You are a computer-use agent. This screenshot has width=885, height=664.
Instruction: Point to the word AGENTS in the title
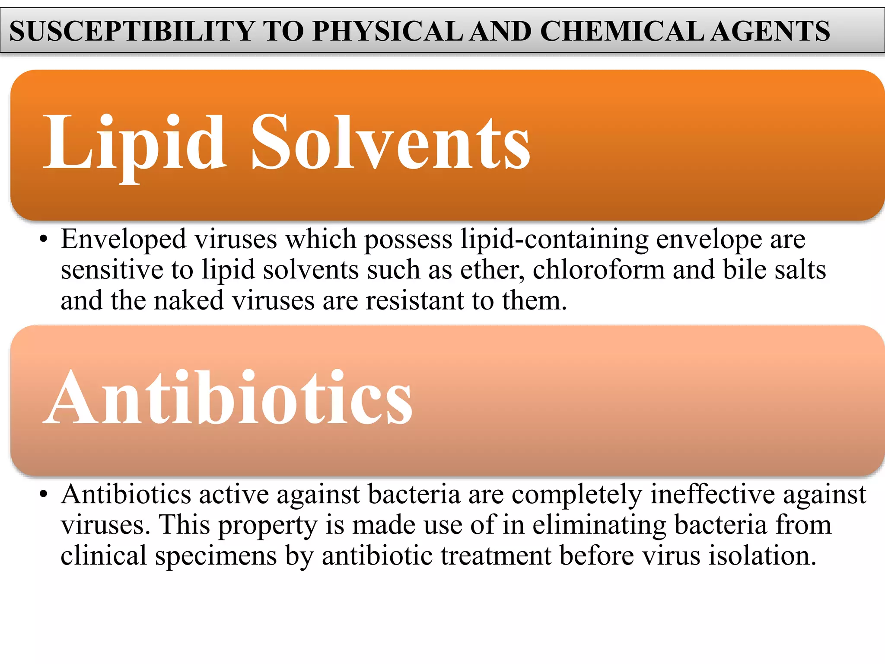pos(770,31)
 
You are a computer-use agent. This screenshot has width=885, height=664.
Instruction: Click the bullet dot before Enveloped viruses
pos(42,240)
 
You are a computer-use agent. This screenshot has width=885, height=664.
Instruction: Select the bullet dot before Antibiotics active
pos(42,495)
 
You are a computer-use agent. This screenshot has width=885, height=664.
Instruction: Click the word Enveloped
pos(123,239)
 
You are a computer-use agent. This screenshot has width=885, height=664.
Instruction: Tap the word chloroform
pos(598,270)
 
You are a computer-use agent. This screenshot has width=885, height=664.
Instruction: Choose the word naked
pos(189,300)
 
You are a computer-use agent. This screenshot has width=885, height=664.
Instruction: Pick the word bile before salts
pos(744,270)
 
